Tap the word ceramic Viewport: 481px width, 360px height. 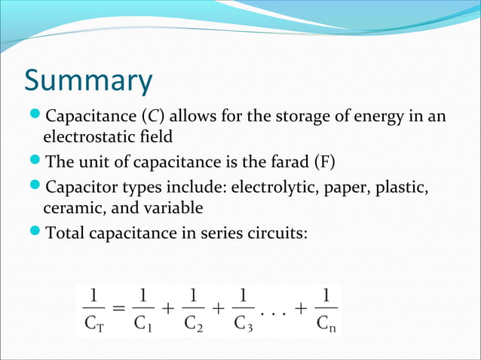click(x=72, y=206)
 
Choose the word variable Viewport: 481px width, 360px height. click(x=176, y=206)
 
